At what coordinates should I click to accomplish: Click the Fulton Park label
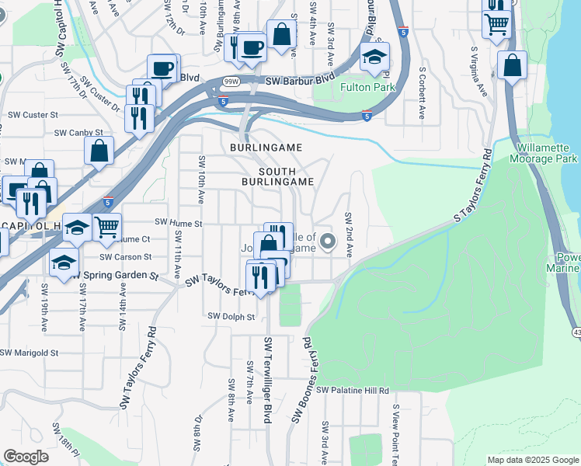click(367, 87)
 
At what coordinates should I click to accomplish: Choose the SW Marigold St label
click(29, 353)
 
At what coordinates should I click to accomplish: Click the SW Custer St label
click(33, 114)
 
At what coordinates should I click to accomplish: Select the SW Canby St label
click(78, 133)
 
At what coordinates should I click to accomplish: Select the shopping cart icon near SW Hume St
click(106, 227)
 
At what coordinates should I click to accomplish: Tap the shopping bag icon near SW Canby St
click(99, 151)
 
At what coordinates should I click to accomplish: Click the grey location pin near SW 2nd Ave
click(327, 242)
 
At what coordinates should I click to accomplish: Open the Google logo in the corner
click(26, 457)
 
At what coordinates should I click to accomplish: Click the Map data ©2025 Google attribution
click(533, 460)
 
